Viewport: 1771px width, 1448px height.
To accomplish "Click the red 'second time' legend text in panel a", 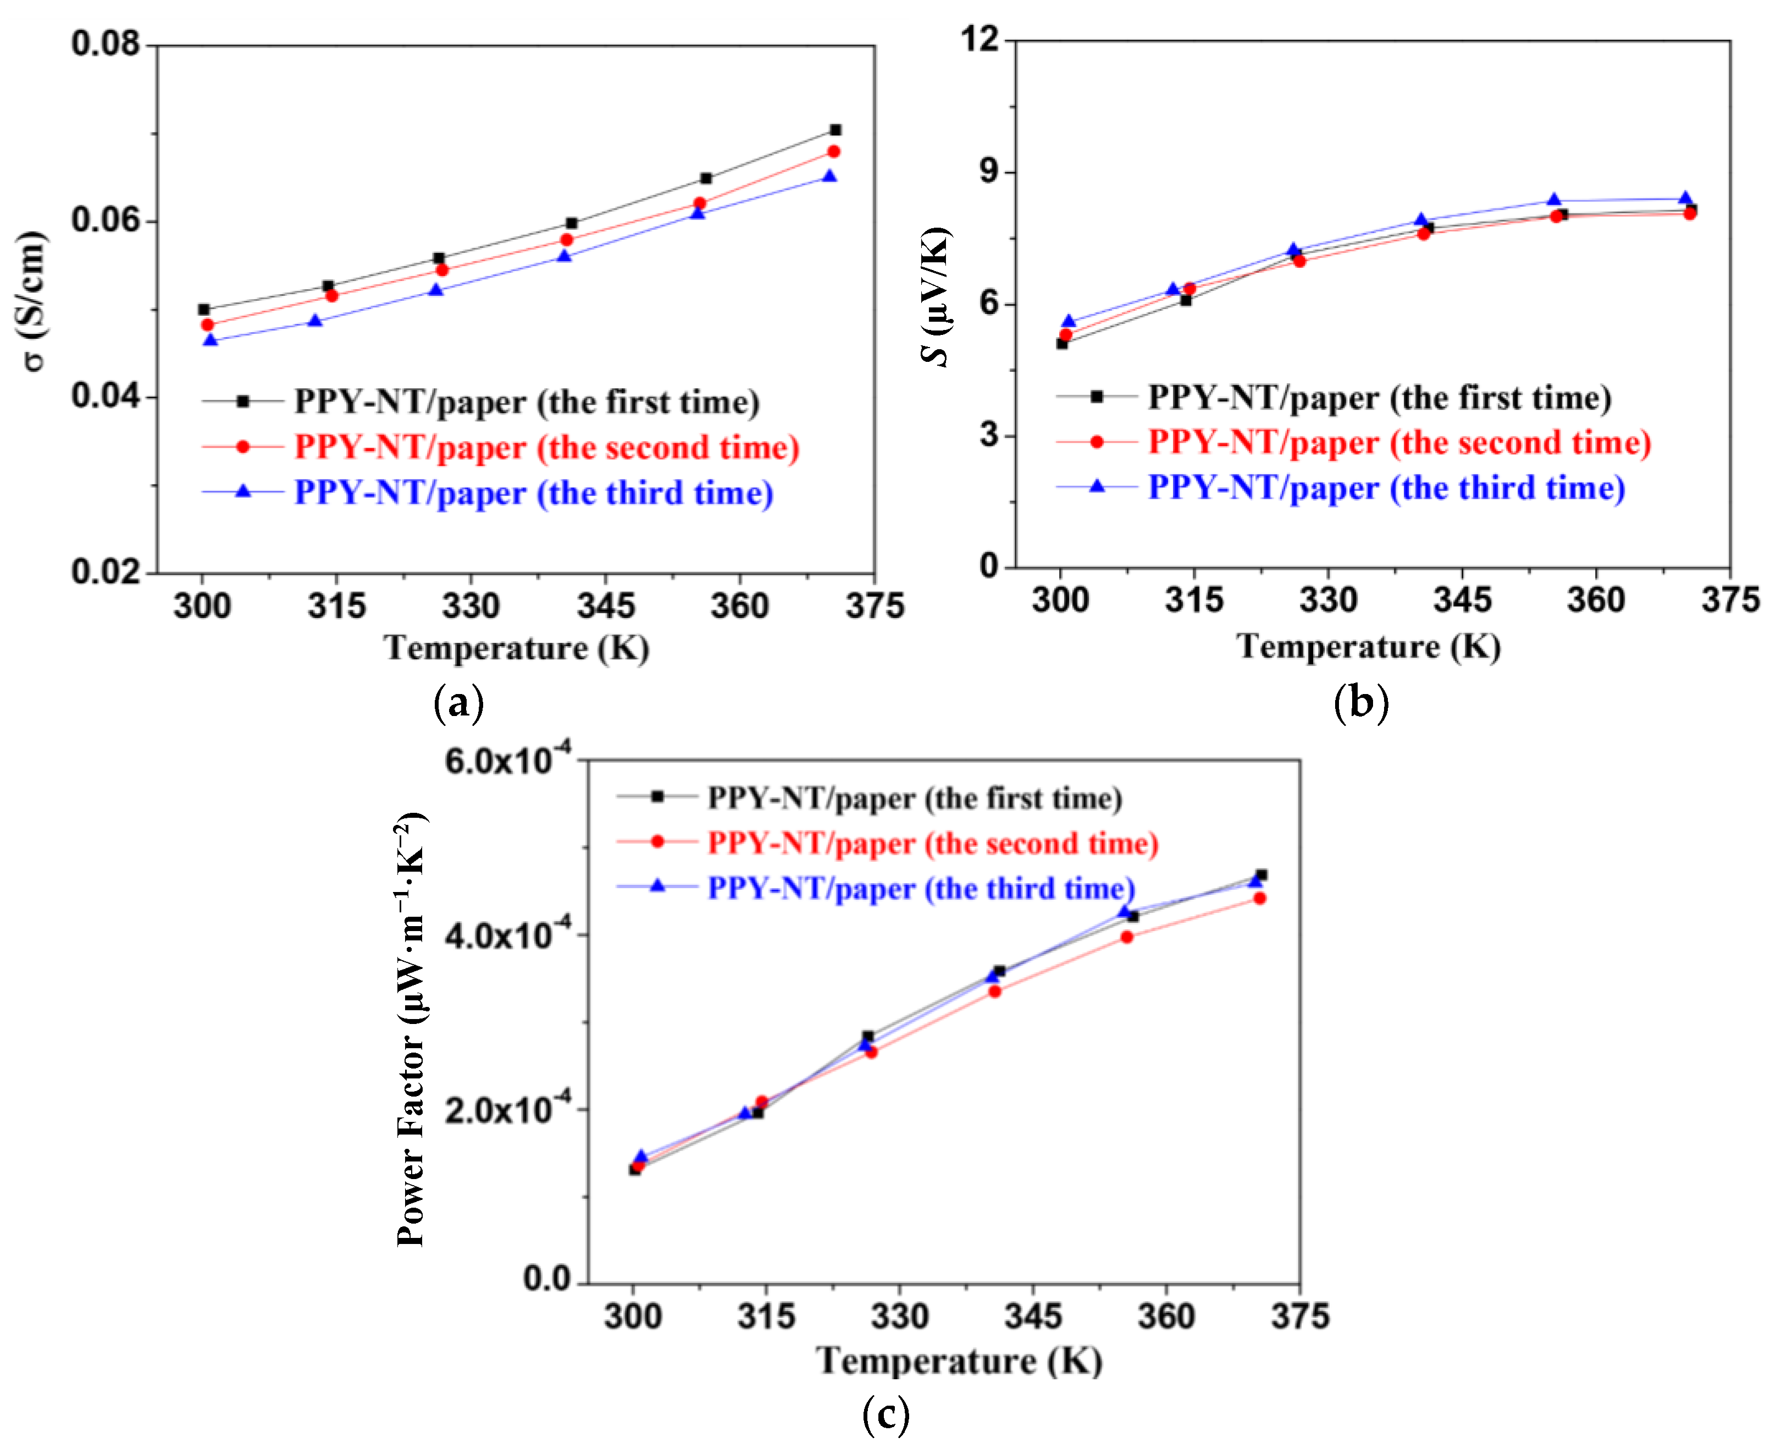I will (546, 448).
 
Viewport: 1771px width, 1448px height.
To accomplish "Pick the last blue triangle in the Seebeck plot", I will (1685, 199).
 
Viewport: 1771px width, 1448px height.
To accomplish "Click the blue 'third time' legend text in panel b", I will (1386, 488).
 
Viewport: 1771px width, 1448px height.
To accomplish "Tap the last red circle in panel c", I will (1259, 898).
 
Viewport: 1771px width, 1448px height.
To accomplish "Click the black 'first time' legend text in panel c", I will (914, 798).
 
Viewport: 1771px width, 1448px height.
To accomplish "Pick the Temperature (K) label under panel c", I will (959, 1361).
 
